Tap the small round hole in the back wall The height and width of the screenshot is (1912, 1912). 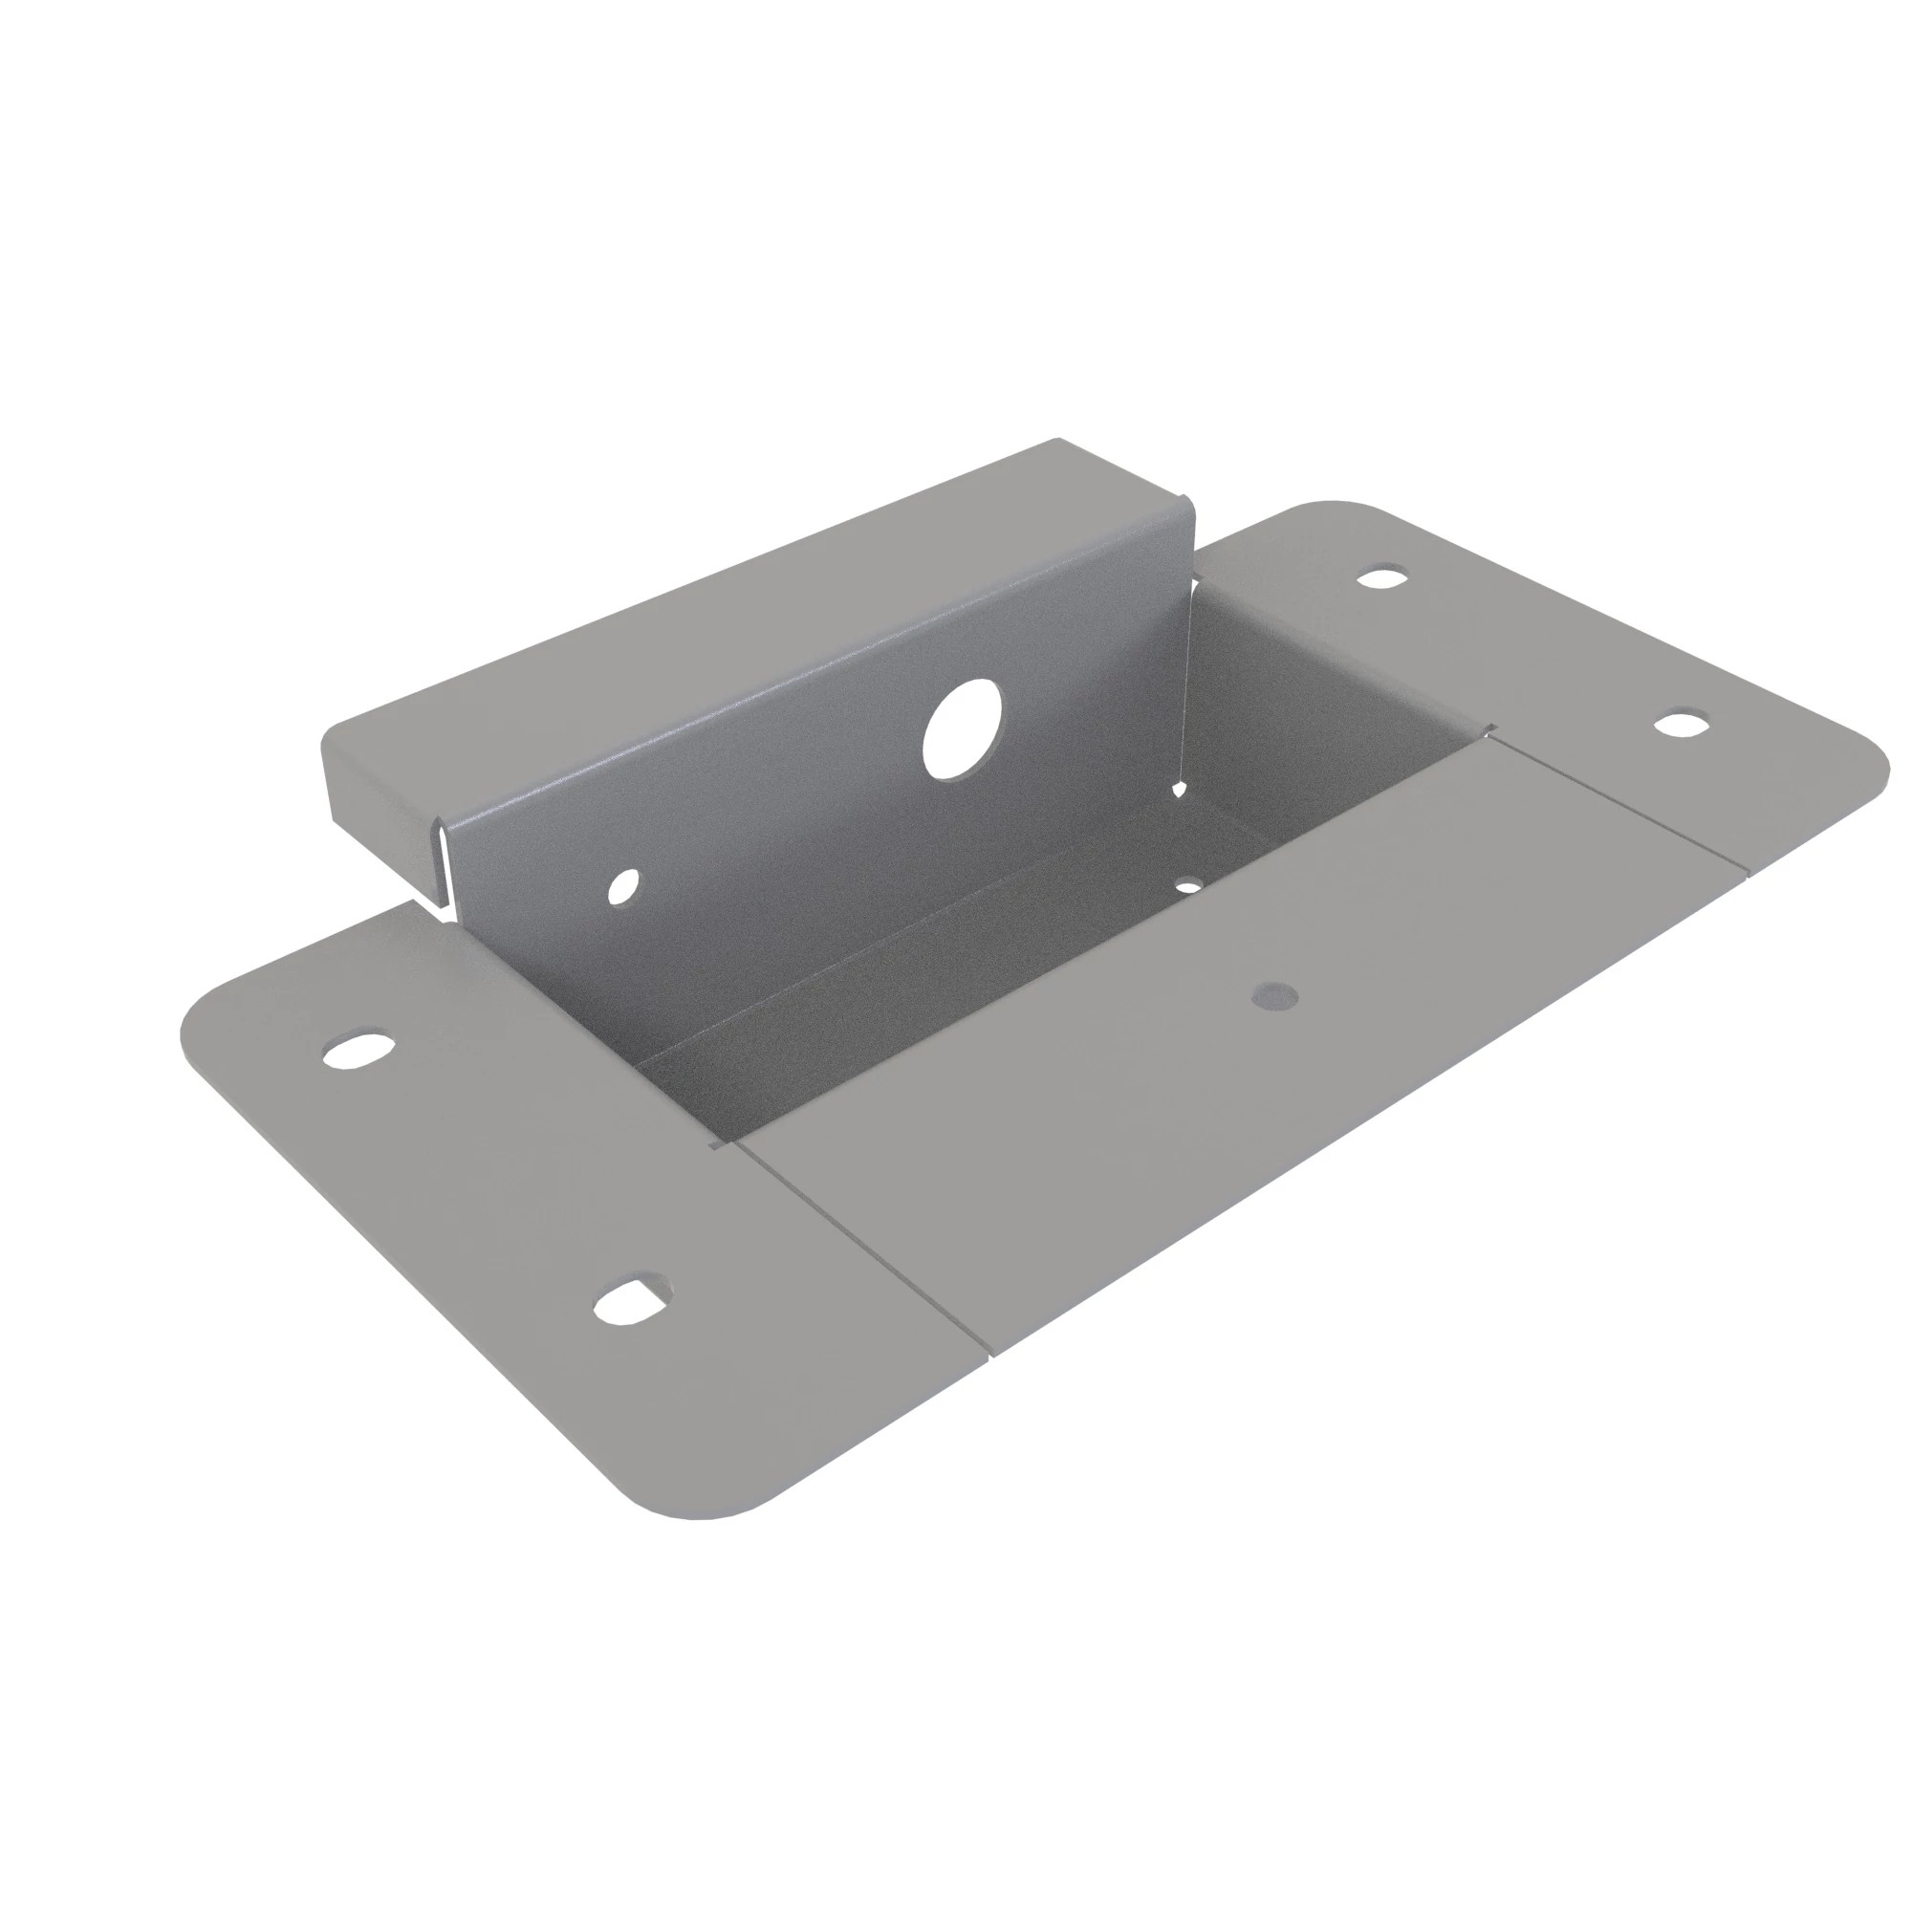[x=623, y=884]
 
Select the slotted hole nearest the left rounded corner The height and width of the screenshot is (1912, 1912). [x=358, y=1049]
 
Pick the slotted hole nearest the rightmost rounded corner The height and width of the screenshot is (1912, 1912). [x=1682, y=724]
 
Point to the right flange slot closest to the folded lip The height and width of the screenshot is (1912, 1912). [x=1383, y=576]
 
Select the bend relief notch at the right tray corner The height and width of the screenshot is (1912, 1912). [x=1487, y=732]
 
